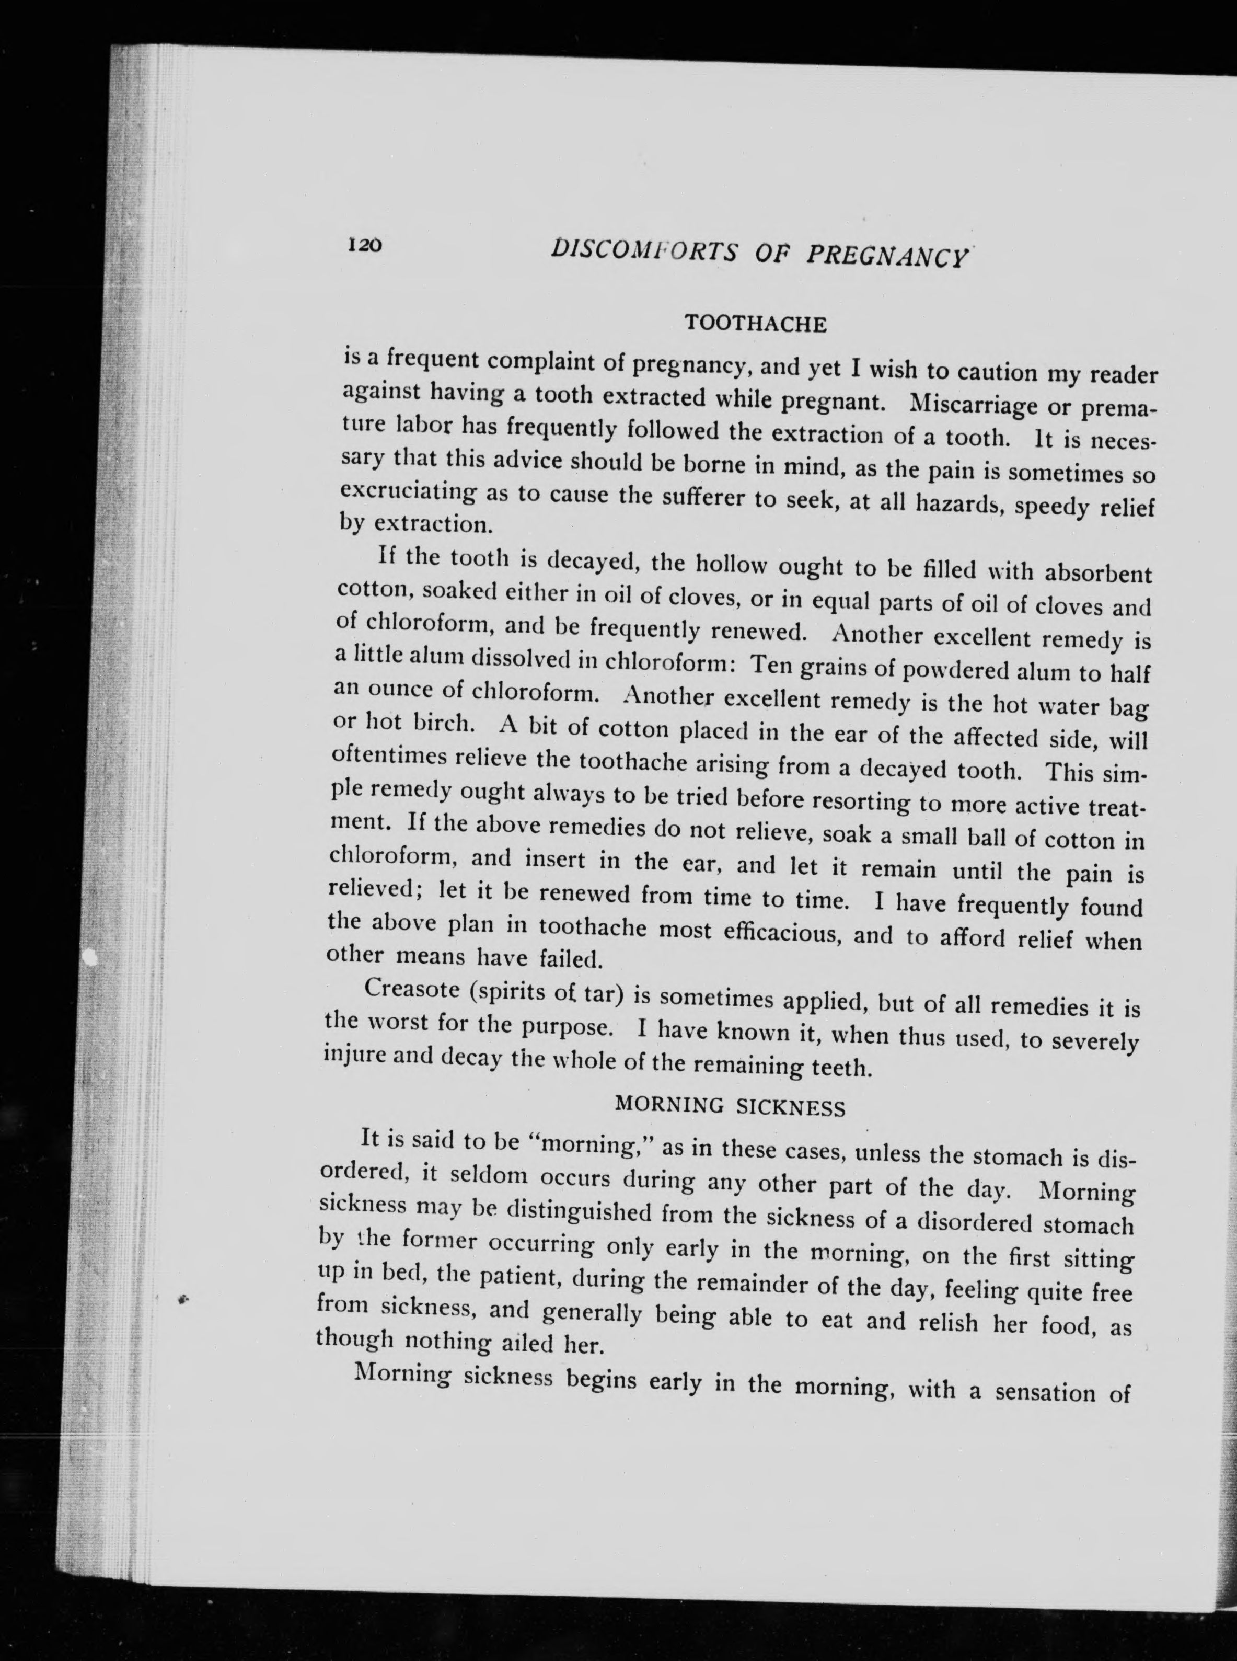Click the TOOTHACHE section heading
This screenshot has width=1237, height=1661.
click(756, 324)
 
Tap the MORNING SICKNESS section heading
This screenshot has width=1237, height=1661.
click(730, 1106)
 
